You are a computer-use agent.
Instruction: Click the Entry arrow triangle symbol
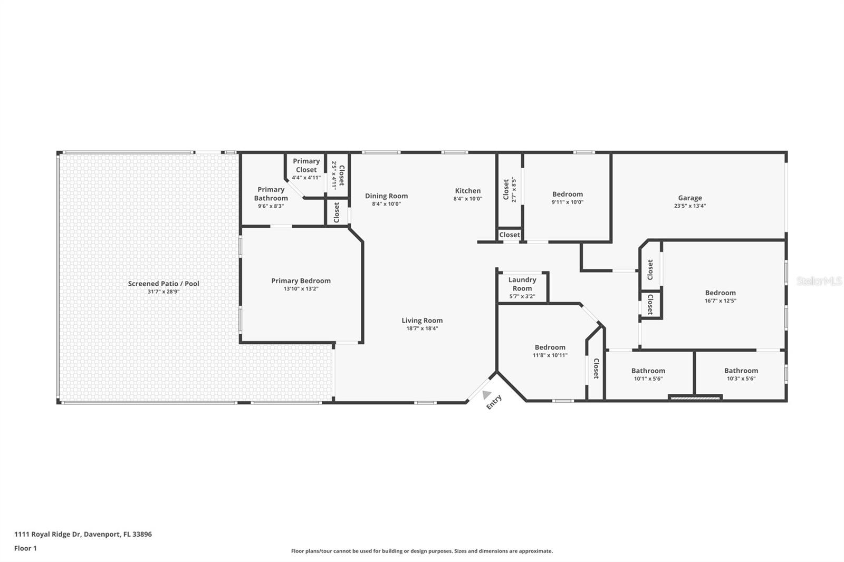[x=486, y=394]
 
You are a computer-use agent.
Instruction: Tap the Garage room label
[x=690, y=198]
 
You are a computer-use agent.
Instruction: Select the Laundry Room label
[x=522, y=284]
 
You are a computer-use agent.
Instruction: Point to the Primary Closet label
[x=306, y=165]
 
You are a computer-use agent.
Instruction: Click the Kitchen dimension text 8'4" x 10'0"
[x=468, y=199]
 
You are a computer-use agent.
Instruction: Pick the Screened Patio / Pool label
[x=164, y=284]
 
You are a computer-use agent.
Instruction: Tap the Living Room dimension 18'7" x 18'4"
[x=422, y=328]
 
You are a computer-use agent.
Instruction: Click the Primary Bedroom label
[x=301, y=281]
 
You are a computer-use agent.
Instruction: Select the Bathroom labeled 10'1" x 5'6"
[x=648, y=371]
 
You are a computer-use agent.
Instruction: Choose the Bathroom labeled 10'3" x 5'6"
[x=741, y=371]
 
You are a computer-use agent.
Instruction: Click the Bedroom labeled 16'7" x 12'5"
[x=720, y=293]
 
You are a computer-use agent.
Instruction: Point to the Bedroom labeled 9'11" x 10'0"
[x=568, y=195]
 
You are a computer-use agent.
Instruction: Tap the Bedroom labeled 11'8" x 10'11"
[x=550, y=347]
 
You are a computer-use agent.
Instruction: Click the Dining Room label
[x=386, y=196]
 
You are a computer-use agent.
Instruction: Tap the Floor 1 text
[x=25, y=548]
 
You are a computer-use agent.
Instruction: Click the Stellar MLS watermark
[x=819, y=281]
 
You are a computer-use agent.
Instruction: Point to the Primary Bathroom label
[x=271, y=194]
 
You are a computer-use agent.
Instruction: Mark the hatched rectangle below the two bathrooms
[x=695, y=398]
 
